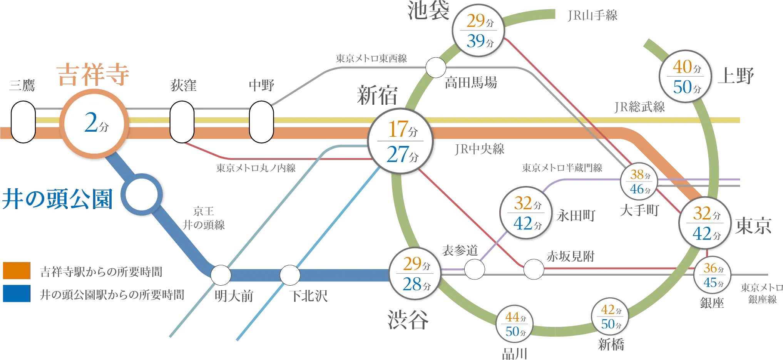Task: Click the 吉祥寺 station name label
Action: (x=93, y=75)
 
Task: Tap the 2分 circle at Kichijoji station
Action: (x=94, y=124)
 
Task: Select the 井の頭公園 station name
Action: (x=57, y=199)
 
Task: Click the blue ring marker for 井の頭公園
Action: (x=142, y=194)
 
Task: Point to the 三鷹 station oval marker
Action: (x=23, y=122)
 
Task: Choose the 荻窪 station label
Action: (x=184, y=85)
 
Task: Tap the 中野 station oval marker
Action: (x=261, y=122)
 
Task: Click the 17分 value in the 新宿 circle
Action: (x=403, y=129)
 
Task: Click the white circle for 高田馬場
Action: (x=436, y=68)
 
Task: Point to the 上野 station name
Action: (x=736, y=76)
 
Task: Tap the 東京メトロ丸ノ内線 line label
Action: (x=256, y=168)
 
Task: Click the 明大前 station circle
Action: (x=221, y=275)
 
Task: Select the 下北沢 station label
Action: (x=309, y=296)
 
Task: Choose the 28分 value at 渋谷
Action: (x=417, y=285)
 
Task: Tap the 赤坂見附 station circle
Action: (x=534, y=269)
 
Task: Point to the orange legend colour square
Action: (x=17, y=270)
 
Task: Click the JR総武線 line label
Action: (x=640, y=107)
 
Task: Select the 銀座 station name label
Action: (x=712, y=303)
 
